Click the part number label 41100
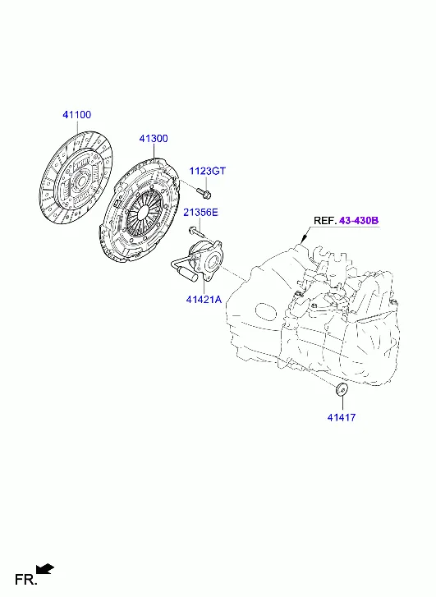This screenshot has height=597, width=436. (77, 115)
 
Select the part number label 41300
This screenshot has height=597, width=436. (154, 139)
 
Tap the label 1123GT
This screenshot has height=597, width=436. (208, 171)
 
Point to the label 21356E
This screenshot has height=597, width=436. (200, 212)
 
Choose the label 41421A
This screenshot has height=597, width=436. (204, 300)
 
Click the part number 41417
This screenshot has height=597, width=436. (342, 418)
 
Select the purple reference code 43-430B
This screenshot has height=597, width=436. (359, 220)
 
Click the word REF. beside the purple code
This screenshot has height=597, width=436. (325, 220)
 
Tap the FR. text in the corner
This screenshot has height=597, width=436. (26, 580)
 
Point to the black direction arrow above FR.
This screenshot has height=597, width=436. (45, 569)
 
